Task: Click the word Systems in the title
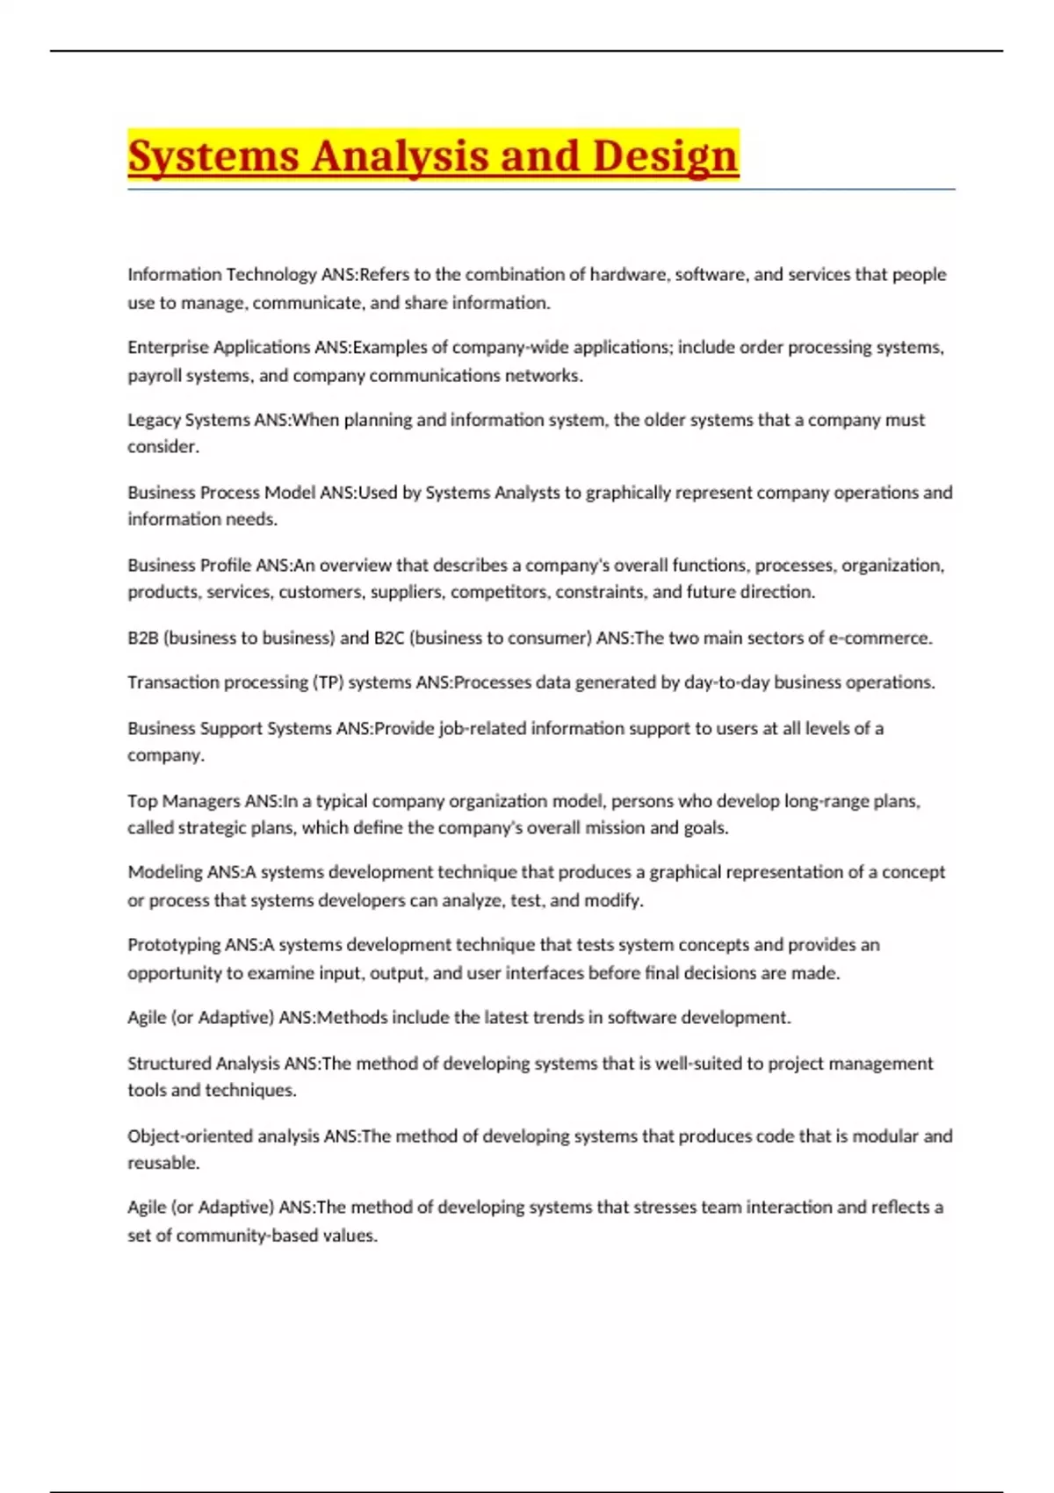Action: [x=213, y=156]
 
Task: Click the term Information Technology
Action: [x=221, y=274]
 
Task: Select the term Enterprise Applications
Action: [x=219, y=347]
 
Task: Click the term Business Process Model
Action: [x=221, y=493]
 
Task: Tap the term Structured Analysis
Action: [x=204, y=1064]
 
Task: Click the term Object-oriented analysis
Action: [x=224, y=1136]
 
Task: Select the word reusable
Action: [x=162, y=1163]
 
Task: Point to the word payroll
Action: [x=152, y=376]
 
